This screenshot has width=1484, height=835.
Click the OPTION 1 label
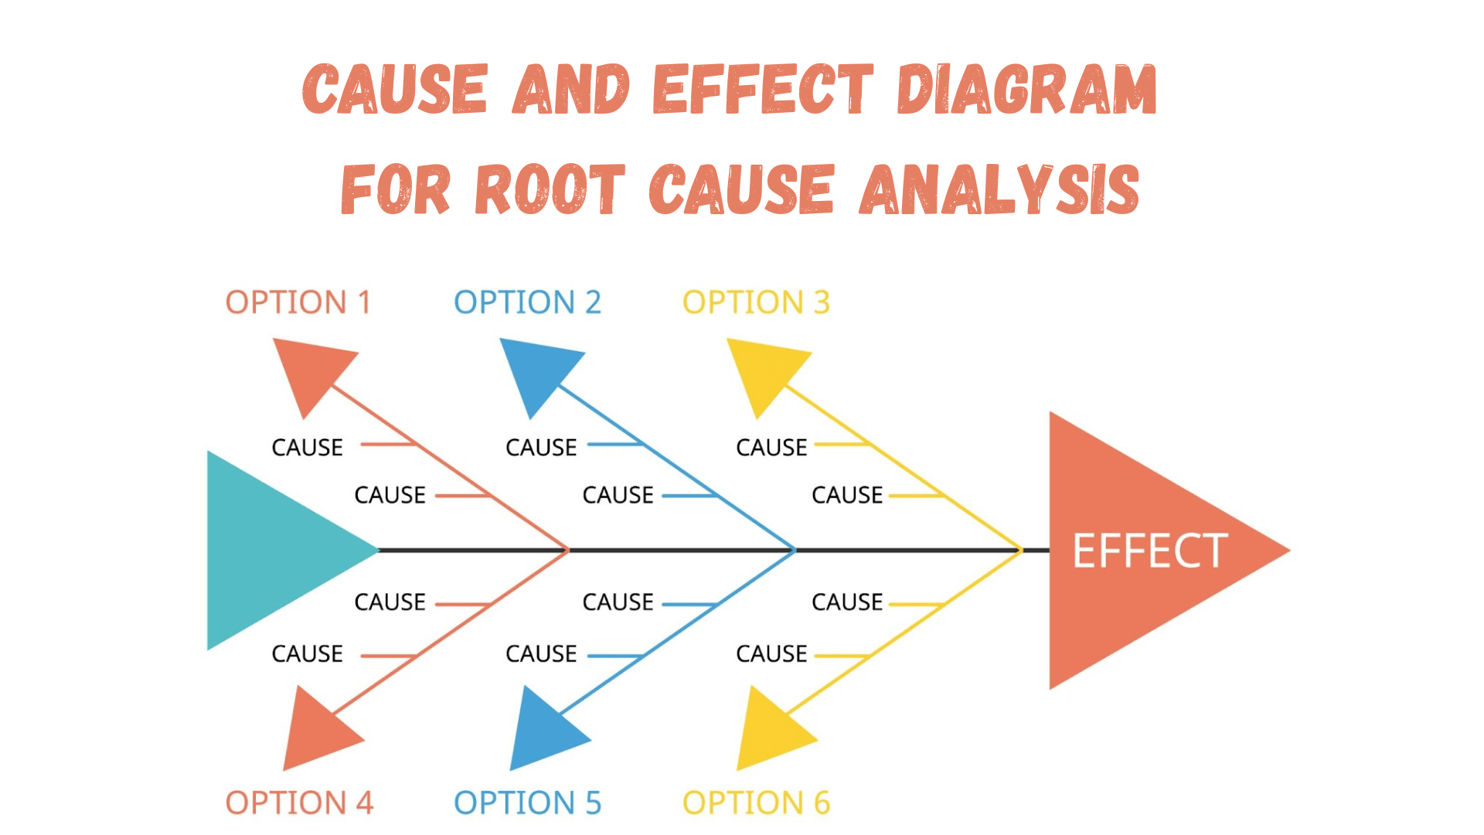(298, 302)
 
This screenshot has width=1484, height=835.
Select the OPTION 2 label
(527, 302)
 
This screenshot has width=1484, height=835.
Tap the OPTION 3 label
(756, 302)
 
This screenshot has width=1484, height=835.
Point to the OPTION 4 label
(299, 803)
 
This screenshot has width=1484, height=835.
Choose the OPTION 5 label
(527, 803)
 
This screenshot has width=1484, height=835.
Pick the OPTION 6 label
(756, 803)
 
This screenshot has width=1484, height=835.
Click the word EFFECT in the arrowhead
(1149, 550)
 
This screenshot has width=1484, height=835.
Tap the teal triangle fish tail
(271, 550)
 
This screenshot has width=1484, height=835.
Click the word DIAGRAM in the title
(1026, 90)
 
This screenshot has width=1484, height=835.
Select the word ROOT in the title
(550, 189)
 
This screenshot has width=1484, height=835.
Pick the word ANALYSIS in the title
(999, 189)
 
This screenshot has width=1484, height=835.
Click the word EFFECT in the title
(764, 90)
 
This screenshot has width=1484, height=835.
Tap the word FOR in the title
(396, 189)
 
